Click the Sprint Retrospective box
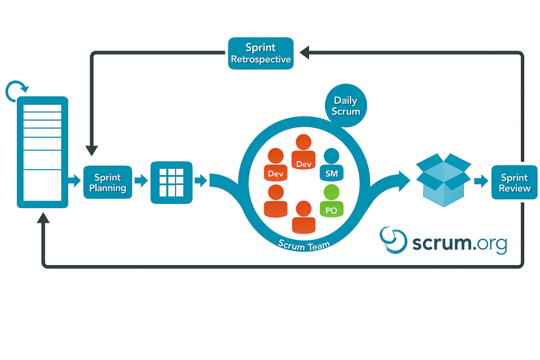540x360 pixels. point(261,53)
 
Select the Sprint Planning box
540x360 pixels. point(108,182)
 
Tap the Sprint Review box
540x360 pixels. point(514,182)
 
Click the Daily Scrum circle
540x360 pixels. point(345,105)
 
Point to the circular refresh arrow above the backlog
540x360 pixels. point(15,91)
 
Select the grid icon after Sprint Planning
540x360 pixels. point(171,182)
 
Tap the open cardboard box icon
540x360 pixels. point(442,179)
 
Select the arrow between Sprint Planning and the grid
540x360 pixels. point(141,181)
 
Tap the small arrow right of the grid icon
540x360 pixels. point(201,181)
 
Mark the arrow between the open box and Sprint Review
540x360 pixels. point(480,181)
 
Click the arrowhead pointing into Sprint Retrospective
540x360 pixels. point(305,52)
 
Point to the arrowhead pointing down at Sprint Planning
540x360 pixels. point(92,150)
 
